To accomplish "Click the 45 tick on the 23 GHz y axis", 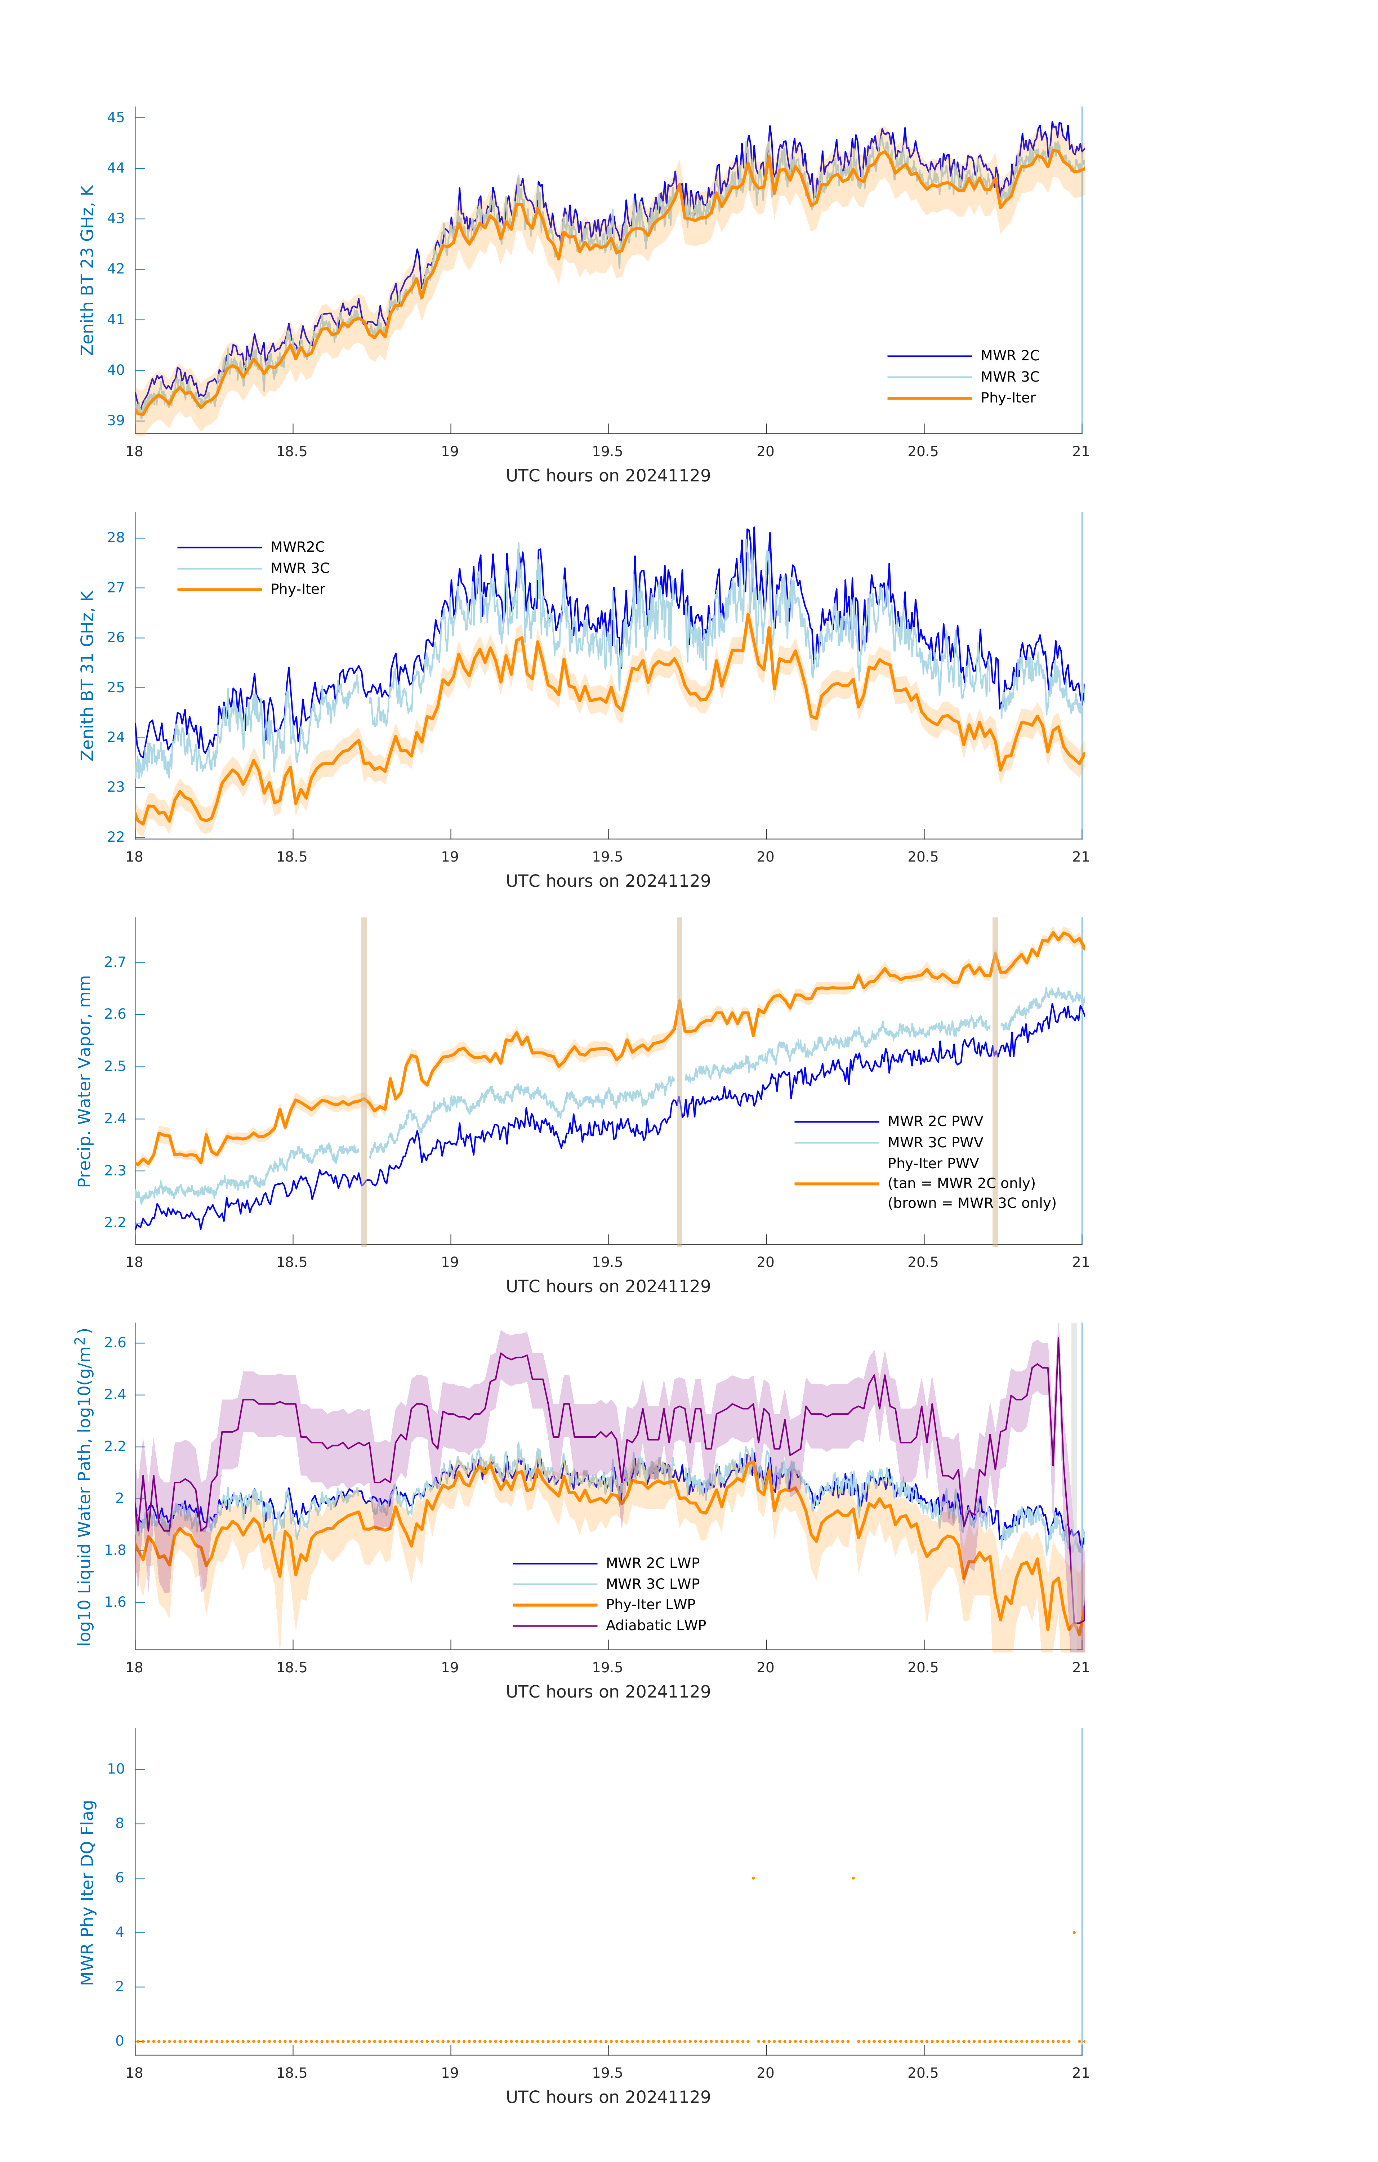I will pos(116,117).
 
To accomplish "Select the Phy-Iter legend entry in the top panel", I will pos(1007,398).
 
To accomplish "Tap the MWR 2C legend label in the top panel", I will pos(1009,356).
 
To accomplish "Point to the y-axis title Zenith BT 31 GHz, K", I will pos(87,675).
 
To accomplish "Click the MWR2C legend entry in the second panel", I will pos(297,547).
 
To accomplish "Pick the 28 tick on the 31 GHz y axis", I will pos(116,538).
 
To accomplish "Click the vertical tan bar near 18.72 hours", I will pos(364,1082).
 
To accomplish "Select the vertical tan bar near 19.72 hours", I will pos(679,1082).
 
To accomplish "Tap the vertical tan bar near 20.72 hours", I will pos(995,1082).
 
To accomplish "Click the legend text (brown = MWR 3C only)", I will pos(971,1203).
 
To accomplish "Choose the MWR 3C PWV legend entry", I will pos(935,1142).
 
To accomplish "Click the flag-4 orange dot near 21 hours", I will pos(1074,1932).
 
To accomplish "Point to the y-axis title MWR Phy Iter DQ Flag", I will pos(87,1892).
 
